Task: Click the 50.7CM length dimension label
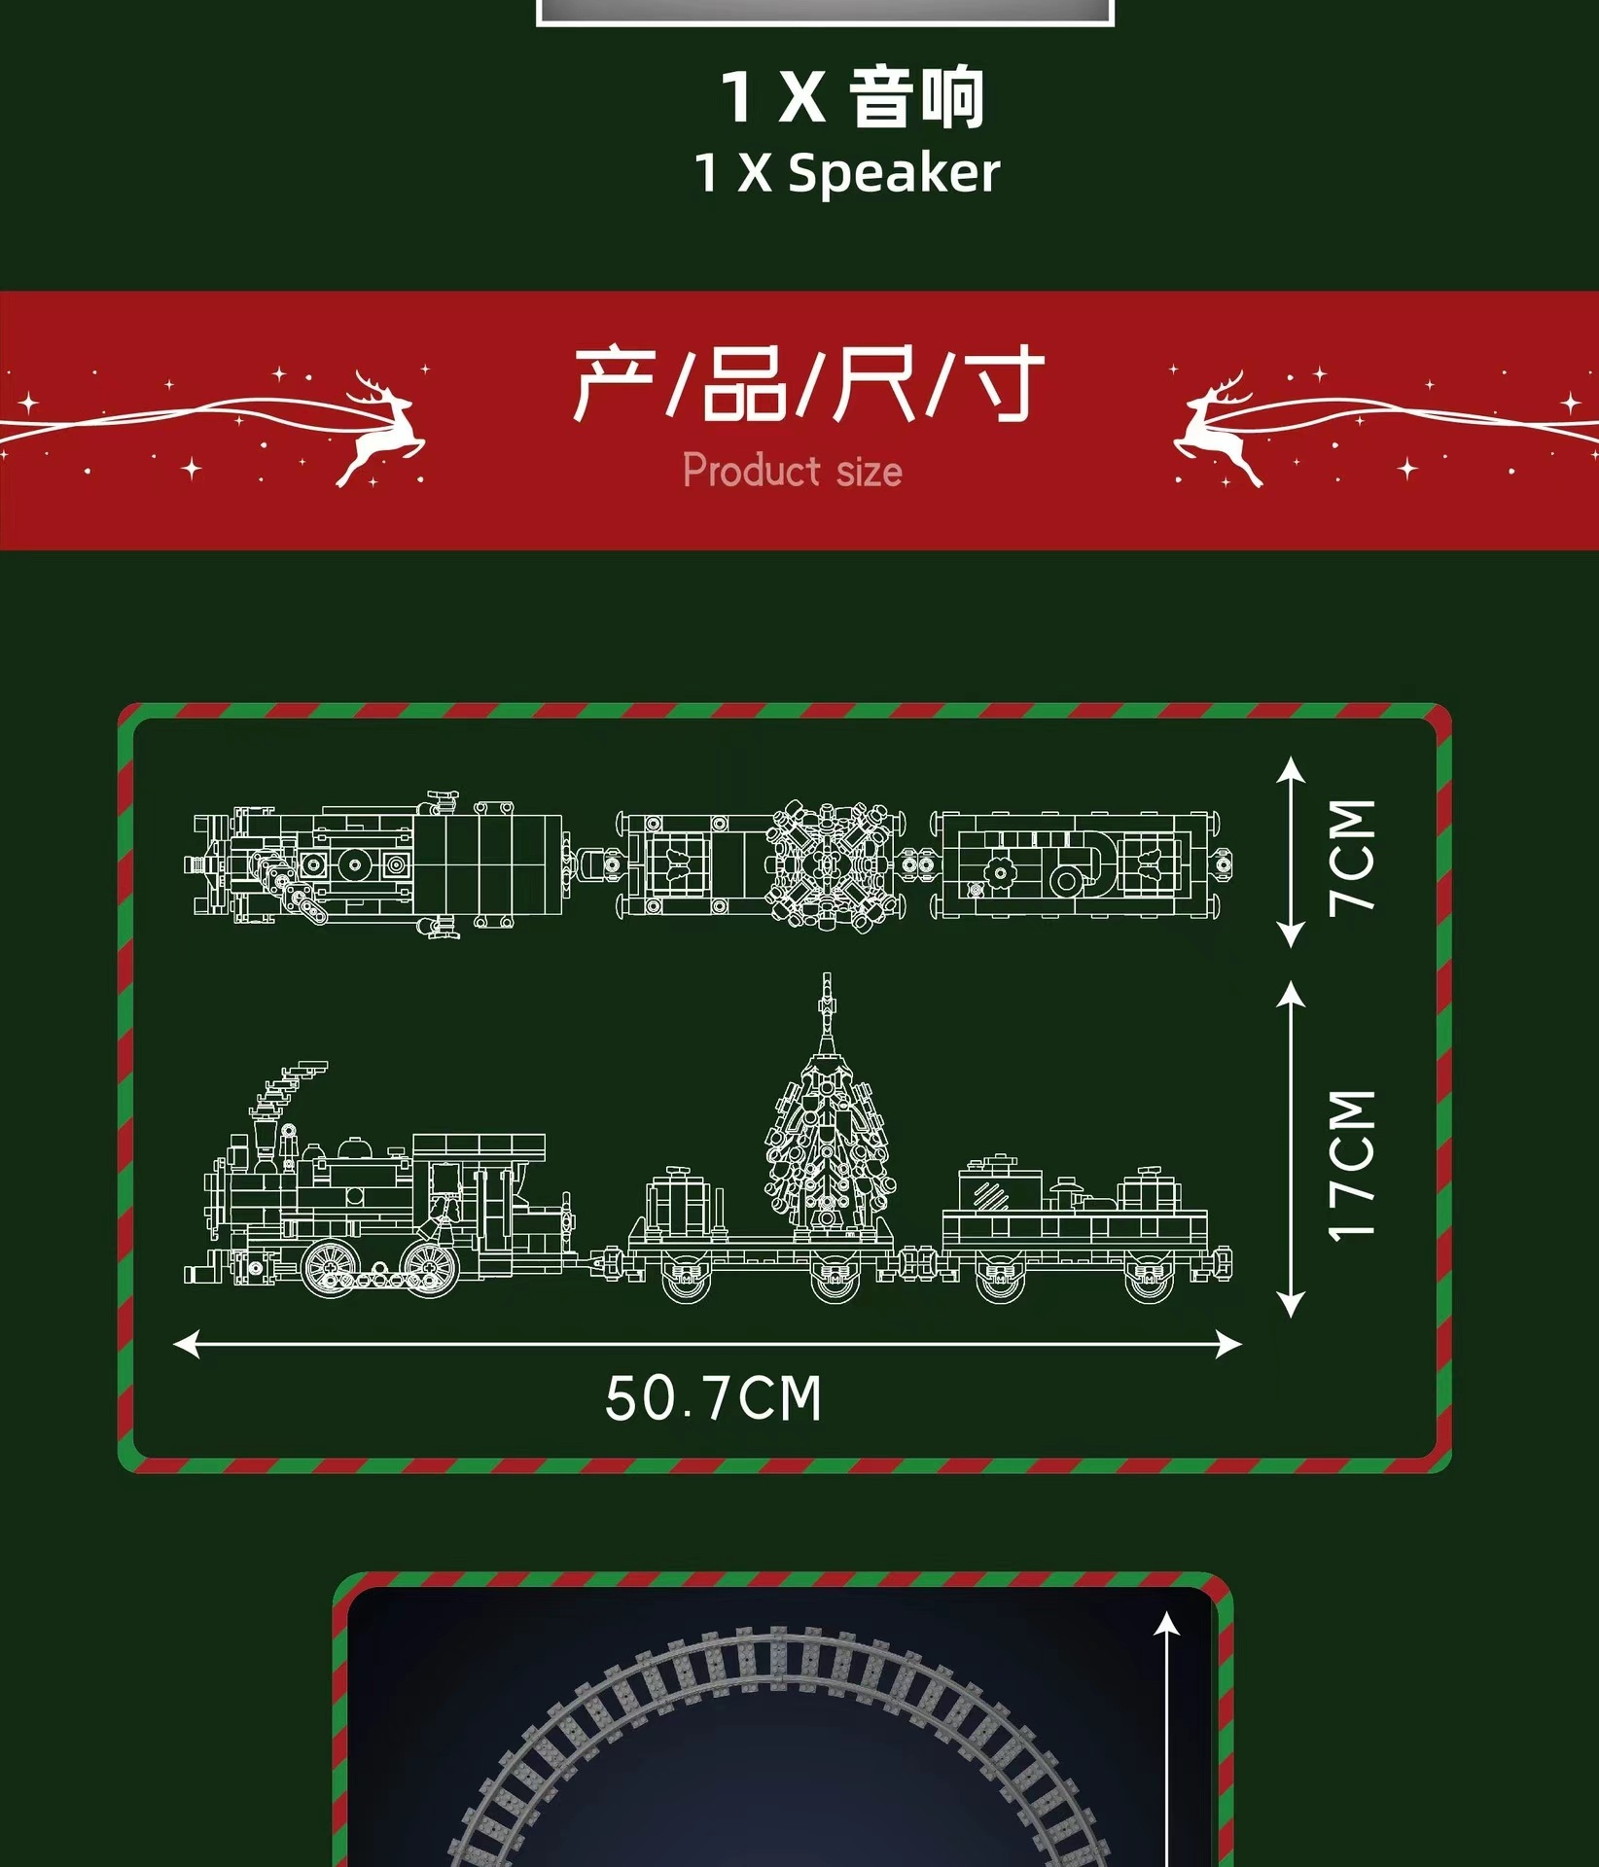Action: tap(713, 1398)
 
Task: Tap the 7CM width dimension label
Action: tap(1353, 856)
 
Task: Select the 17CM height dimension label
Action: tap(1353, 1165)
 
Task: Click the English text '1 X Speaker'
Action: tap(846, 173)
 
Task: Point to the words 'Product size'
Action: tap(792, 471)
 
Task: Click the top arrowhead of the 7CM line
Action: tap(1291, 768)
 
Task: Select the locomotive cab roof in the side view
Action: tap(479, 1144)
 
